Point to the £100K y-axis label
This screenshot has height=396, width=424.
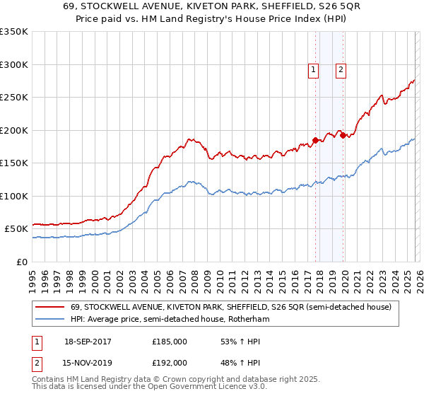point(14,196)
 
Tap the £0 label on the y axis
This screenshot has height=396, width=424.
point(22,262)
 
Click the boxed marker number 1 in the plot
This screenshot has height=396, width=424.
point(313,69)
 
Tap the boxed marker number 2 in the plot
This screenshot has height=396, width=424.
point(341,69)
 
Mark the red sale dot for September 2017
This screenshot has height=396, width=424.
point(316,140)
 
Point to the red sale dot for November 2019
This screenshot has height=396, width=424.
point(343,136)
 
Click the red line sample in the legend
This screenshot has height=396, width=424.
point(51,307)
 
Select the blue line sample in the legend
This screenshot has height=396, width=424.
point(51,320)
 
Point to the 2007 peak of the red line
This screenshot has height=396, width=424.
point(189,139)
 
